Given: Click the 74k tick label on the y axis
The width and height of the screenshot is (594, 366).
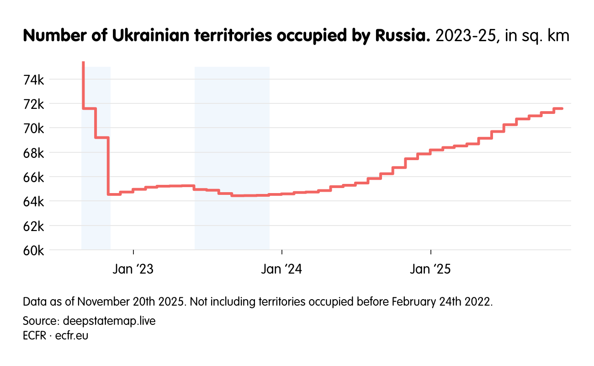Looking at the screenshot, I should click(x=33, y=80).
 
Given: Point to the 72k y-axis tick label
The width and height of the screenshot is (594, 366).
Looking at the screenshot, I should click(x=33, y=104).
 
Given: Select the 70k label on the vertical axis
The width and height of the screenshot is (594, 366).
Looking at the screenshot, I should click(x=33, y=128).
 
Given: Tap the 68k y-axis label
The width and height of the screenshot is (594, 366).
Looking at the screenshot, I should click(x=33, y=152).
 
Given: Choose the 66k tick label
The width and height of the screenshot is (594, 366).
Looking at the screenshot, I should click(x=33, y=177).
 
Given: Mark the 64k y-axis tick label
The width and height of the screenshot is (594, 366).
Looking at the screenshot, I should click(x=33, y=201).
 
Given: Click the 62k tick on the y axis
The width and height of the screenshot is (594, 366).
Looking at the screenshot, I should click(x=33, y=226).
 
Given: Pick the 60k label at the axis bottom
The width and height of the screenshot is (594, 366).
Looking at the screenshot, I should click(x=33, y=250).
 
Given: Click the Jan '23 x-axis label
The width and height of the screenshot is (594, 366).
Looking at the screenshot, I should click(x=133, y=269).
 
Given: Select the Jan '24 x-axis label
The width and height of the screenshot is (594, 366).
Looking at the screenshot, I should click(x=282, y=269).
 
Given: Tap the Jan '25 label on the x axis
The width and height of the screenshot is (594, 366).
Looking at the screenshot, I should click(x=430, y=269).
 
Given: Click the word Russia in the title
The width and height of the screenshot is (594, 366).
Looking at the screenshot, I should click(x=402, y=36).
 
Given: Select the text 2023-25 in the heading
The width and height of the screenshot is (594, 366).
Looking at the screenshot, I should click(x=466, y=36).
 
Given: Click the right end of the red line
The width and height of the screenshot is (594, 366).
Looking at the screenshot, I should click(x=562, y=108).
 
